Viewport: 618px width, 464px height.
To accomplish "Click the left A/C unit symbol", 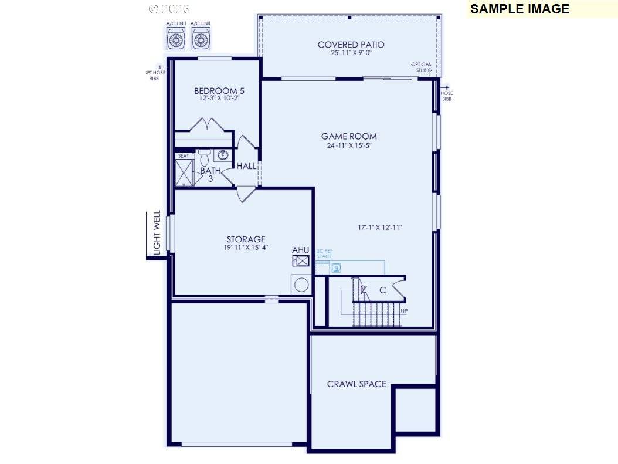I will (x=176, y=39).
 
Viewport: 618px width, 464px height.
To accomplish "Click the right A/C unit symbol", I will (x=201, y=39).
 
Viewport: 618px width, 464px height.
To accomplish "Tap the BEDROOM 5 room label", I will (x=219, y=91).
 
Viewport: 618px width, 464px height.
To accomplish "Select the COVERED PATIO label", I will (x=351, y=45).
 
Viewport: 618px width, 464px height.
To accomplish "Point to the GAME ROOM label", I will (x=349, y=136).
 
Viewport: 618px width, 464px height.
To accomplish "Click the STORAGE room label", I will (x=246, y=239).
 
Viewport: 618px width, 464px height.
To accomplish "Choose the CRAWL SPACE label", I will (x=356, y=384).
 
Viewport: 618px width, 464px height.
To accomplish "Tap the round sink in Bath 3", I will (x=223, y=155).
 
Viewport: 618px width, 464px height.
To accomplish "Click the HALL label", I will (x=246, y=166).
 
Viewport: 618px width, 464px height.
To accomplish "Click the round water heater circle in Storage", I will (x=301, y=285).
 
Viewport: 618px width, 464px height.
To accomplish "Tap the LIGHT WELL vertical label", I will (x=157, y=233).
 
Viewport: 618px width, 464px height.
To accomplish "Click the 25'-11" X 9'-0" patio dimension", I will (x=351, y=53).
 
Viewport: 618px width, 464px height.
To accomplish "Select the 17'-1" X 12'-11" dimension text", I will (x=380, y=228).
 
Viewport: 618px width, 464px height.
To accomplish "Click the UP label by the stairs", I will (x=404, y=310).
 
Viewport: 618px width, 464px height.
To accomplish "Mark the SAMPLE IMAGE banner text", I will (x=519, y=9).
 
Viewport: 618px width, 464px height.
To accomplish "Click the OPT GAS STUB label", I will (x=422, y=66).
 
